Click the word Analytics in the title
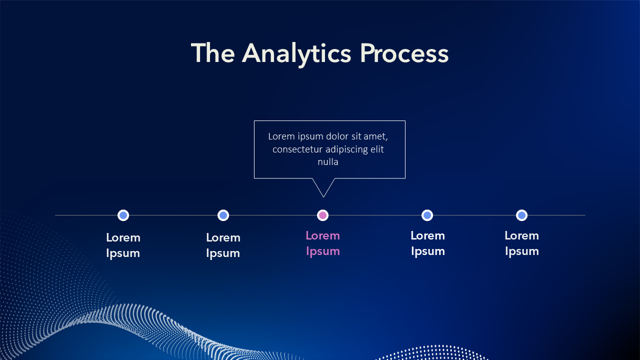click(x=297, y=53)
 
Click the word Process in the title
click(x=404, y=53)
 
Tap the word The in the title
click(x=212, y=53)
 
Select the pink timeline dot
click(x=323, y=215)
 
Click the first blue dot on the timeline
click(x=123, y=215)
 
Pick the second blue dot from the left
click(x=223, y=215)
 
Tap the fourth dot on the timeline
click(x=427, y=215)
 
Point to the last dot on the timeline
click(x=521, y=215)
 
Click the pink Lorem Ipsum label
click(x=323, y=243)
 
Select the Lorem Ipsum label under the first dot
click(x=123, y=245)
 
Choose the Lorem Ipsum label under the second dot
click(x=223, y=245)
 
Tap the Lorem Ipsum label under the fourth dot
click(x=427, y=243)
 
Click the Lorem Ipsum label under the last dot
click(x=521, y=243)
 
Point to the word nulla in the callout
click(x=328, y=162)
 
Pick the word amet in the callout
click(x=377, y=136)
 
